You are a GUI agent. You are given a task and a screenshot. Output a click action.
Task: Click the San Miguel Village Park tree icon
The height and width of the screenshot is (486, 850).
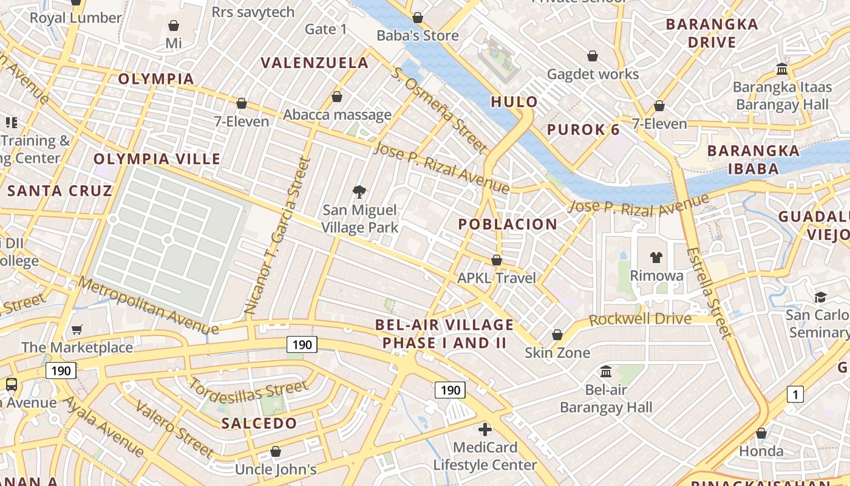pyautogui.click(x=359, y=193)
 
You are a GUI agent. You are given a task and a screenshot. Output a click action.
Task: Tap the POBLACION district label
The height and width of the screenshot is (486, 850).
pyautogui.click(x=508, y=224)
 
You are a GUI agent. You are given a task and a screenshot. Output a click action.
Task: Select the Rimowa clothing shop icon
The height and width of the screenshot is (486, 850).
pyautogui.click(x=656, y=258)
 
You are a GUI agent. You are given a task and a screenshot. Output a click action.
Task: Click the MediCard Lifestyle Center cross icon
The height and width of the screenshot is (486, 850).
pyautogui.click(x=484, y=430)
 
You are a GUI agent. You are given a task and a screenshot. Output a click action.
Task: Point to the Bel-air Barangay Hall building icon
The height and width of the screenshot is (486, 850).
pyautogui.click(x=606, y=371)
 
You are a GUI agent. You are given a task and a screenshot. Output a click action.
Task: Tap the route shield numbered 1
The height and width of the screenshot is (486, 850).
pyautogui.click(x=795, y=394)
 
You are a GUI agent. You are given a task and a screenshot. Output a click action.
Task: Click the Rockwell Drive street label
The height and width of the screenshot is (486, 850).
pyautogui.click(x=640, y=320)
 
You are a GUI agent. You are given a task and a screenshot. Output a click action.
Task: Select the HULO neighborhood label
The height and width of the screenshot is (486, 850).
pyautogui.click(x=514, y=101)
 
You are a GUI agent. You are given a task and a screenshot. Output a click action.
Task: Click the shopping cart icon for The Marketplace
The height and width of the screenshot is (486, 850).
pyautogui.click(x=77, y=329)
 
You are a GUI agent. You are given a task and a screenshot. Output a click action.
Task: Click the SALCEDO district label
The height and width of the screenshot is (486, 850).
pyautogui.click(x=259, y=423)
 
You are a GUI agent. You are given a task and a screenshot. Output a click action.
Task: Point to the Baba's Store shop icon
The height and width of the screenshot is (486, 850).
pyautogui.click(x=417, y=18)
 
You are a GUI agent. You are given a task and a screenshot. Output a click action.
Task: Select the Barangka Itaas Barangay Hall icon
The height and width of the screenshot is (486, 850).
pyautogui.click(x=782, y=69)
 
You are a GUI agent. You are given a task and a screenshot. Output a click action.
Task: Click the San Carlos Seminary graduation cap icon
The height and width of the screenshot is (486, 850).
pyautogui.click(x=821, y=297)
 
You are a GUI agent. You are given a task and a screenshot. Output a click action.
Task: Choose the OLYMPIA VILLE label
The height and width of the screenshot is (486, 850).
pyautogui.click(x=157, y=159)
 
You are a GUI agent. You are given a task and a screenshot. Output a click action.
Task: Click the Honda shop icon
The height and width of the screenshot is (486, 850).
pyautogui.click(x=761, y=433)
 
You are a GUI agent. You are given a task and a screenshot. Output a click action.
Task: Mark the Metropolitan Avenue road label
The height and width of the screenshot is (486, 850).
pyautogui.click(x=148, y=306)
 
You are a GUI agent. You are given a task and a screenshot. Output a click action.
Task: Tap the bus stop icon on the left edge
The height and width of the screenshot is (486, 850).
pyautogui.click(x=11, y=384)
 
